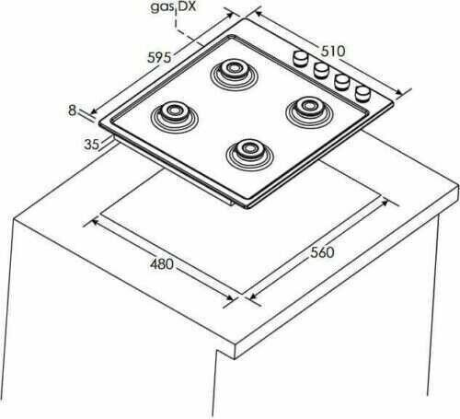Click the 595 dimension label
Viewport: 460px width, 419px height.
click(159, 57)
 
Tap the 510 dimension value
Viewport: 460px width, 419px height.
click(333, 52)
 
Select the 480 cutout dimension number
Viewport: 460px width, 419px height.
click(162, 264)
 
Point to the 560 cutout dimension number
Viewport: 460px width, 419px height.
click(322, 252)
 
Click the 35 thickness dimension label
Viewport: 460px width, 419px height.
click(92, 145)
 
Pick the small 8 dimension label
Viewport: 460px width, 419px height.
click(72, 111)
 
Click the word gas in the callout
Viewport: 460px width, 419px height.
click(162, 7)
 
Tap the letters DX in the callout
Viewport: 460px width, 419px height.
click(187, 6)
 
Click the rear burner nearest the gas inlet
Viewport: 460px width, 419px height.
click(234, 75)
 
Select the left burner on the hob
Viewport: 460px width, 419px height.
click(175, 117)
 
